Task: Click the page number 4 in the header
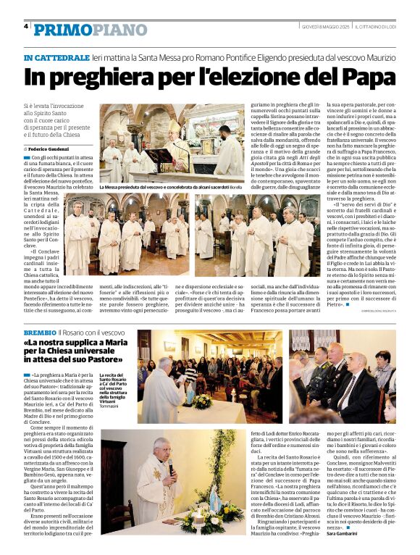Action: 27,26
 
